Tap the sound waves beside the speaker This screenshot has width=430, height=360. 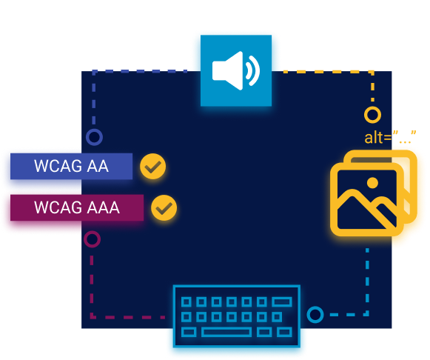tap(252, 71)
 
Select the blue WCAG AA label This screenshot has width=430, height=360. tap(70, 167)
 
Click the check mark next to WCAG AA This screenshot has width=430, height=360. tap(153, 167)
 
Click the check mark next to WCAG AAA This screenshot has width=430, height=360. tap(163, 208)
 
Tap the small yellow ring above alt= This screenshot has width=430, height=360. tap(372, 115)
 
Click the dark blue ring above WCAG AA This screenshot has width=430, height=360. tap(94, 137)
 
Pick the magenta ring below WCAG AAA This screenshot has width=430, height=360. tap(92, 239)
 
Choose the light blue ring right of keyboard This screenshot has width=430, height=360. tap(315, 315)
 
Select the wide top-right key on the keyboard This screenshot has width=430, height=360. tap(281, 301)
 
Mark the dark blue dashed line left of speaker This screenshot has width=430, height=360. tap(141, 72)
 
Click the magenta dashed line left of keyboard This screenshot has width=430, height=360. tap(126, 317)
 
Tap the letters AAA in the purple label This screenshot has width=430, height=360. tap(104, 207)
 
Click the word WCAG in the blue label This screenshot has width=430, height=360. tap(58, 167)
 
